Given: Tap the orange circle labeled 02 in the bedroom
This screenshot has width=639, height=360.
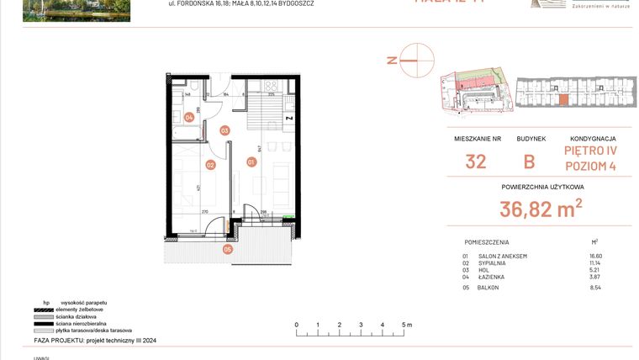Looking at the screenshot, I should tap(211, 165).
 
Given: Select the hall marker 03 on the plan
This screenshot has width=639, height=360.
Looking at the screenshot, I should tap(224, 130).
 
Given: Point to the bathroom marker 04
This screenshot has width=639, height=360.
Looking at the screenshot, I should tap(190, 118).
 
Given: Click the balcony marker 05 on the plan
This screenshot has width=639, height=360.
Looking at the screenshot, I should tap(227, 249).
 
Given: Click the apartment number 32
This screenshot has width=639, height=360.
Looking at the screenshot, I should tap(476, 161).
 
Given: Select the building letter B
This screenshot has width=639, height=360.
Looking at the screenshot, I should tap(531, 161).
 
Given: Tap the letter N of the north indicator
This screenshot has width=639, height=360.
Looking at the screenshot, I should tap(390, 60).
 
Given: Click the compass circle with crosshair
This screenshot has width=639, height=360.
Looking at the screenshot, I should tap(417, 60).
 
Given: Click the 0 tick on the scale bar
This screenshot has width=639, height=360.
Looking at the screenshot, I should tap(296, 324).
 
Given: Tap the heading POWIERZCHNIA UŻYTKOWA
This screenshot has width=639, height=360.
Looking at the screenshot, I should tap(542, 187).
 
